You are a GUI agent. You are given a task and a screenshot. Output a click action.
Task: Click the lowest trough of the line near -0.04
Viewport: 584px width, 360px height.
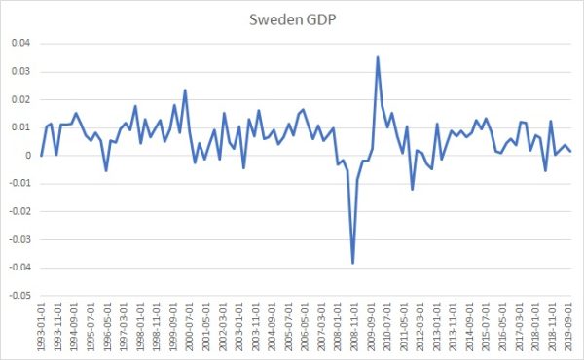point(352,263)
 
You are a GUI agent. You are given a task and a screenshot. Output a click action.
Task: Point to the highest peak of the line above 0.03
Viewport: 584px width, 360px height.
point(378,57)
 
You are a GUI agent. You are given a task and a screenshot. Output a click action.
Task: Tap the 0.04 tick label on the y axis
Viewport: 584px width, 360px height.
point(20,43)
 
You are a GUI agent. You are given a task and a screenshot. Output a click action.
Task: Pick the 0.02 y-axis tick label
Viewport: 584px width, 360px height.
point(20,99)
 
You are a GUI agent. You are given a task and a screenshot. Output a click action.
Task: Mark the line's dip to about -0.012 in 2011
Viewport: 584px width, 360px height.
point(412,189)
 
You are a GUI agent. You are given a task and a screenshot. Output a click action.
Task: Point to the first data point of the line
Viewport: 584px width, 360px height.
point(42,155)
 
